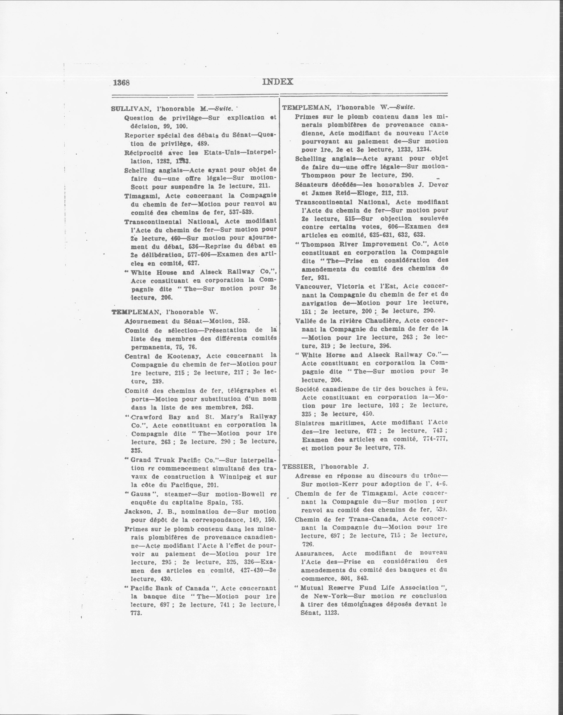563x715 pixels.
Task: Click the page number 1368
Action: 121,83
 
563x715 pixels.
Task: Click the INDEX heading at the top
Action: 278,82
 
